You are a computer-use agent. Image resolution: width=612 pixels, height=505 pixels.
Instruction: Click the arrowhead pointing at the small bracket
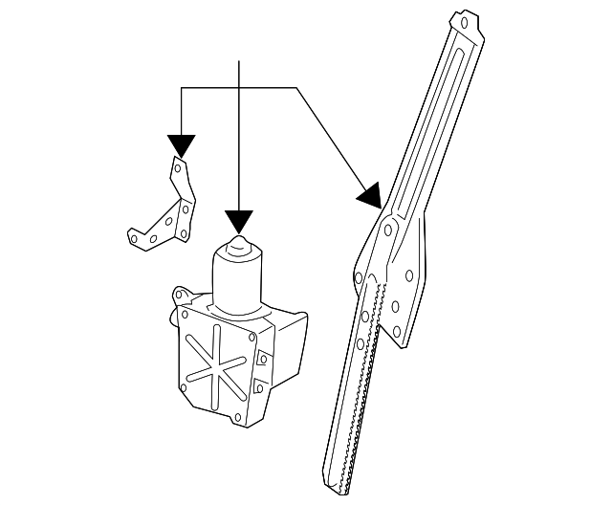tap(181, 145)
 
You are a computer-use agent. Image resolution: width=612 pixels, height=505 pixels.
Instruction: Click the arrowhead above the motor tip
tap(238, 221)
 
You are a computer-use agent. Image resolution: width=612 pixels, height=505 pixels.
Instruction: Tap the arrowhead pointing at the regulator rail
tap(371, 196)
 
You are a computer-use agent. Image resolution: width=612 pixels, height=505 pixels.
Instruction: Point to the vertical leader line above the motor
tap(238, 134)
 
